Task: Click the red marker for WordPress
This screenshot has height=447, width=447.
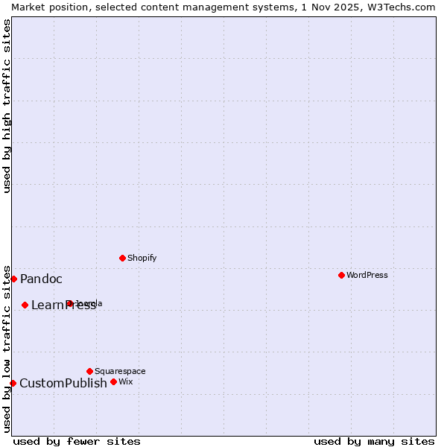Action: point(341,275)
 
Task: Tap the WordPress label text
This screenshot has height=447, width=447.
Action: point(367,275)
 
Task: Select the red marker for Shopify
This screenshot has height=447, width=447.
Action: point(122,258)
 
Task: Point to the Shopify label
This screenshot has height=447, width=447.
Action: point(142,258)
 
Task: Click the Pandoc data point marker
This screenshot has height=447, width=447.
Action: point(13,279)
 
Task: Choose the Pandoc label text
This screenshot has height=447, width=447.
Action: point(41,279)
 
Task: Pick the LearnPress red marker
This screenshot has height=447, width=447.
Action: point(25,305)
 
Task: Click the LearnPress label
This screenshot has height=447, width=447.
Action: point(63,305)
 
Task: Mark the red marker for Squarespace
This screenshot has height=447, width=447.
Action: point(89,371)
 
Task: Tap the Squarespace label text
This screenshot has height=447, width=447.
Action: point(120,371)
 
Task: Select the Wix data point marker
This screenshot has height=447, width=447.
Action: point(113,381)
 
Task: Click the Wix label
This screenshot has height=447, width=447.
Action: point(125,381)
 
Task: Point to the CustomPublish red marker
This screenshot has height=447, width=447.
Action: point(13,383)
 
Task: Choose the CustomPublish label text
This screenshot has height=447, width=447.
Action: point(63,384)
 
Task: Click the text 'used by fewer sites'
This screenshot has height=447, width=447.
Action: point(77,441)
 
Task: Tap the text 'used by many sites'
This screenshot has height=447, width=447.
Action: point(374,441)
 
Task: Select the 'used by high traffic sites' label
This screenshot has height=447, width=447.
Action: point(7,106)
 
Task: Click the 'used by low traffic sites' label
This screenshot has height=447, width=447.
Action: point(7,349)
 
